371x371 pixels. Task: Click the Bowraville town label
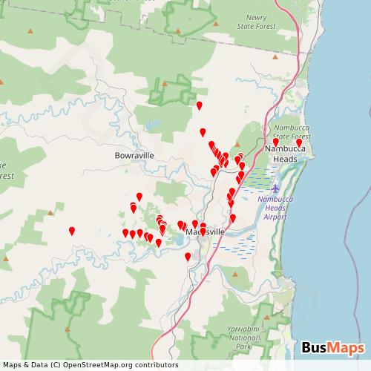pyautogui.click(x=134, y=156)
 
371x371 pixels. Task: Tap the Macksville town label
pyautogui.click(x=200, y=232)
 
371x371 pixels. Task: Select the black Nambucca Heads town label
pyautogui.click(x=281, y=154)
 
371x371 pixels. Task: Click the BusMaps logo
pyautogui.click(x=333, y=347)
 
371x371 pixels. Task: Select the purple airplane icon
pyautogui.click(x=275, y=185)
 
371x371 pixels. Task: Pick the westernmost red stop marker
pyautogui.click(x=72, y=231)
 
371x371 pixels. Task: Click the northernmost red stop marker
pyautogui.click(x=199, y=105)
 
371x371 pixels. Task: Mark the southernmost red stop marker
pyautogui.click(x=188, y=257)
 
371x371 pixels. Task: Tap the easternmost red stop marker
pyautogui.click(x=299, y=142)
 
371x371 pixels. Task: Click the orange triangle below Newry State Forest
pyautogui.click(x=275, y=57)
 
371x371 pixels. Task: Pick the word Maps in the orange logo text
pyautogui.click(x=346, y=347)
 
